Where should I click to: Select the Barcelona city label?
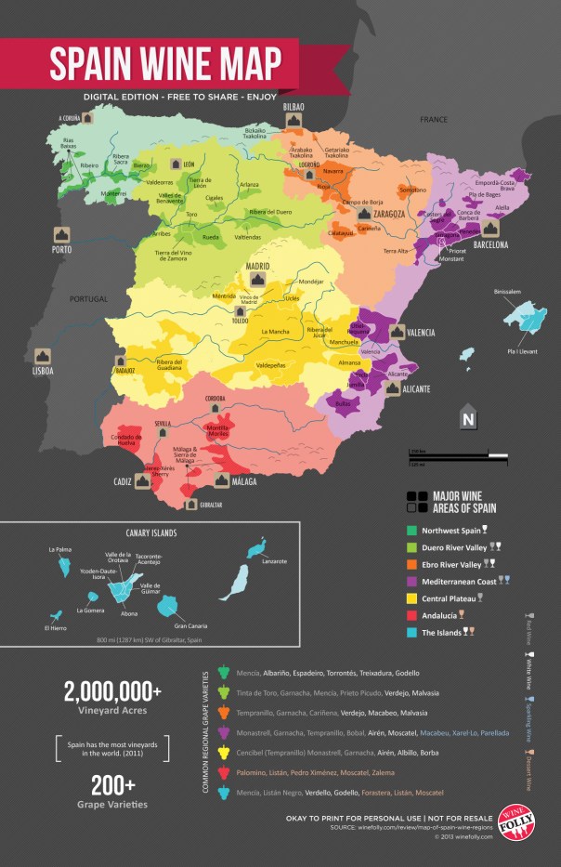[489, 245]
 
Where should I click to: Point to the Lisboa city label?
[43, 370]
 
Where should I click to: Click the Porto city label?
[62, 250]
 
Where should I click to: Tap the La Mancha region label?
[277, 332]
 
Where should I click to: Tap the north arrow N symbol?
[468, 418]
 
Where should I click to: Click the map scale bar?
[458, 455]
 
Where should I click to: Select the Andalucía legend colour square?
[412, 614]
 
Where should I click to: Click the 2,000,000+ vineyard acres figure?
[112, 691]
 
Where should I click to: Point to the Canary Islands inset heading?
[151, 533]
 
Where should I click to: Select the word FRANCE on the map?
[433, 120]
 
